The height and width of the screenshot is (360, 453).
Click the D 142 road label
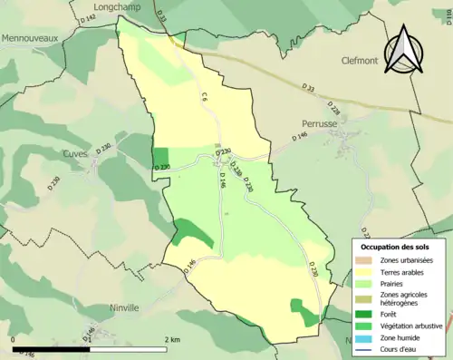click(88, 18)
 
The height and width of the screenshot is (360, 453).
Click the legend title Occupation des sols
click(395, 247)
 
